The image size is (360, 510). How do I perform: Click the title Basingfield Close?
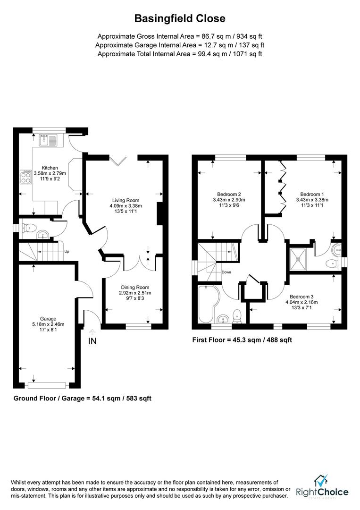[x=180, y=18]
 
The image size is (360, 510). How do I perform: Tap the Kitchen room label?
[x=50, y=168]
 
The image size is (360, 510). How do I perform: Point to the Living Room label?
[x=124, y=200]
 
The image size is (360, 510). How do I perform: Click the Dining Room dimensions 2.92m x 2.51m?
[x=134, y=293]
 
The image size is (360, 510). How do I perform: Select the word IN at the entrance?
[x=92, y=341]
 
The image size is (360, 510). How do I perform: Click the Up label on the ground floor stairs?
[x=67, y=252]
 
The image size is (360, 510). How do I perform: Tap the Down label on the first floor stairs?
[x=226, y=272]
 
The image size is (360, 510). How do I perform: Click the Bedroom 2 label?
[x=229, y=194]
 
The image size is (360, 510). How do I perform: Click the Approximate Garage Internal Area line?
[x=180, y=45]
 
